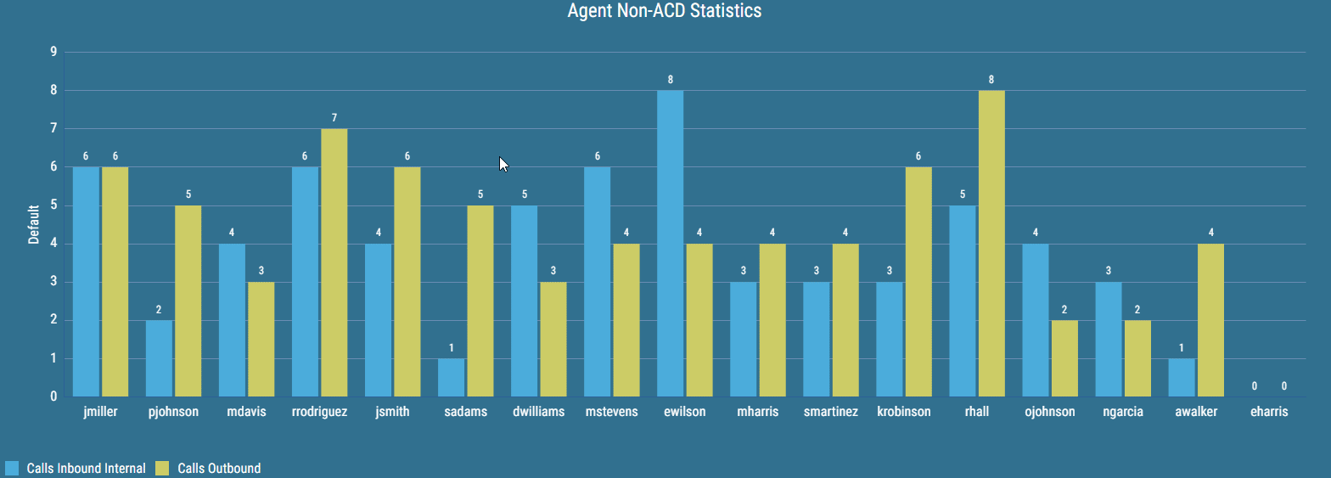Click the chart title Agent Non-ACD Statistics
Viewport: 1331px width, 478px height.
pyautogui.click(x=665, y=12)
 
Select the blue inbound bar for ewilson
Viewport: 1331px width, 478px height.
pyautogui.click(x=670, y=243)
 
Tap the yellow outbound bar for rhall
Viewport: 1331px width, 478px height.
pyautogui.click(x=991, y=243)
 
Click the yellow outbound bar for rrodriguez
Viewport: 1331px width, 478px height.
pyautogui.click(x=334, y=262)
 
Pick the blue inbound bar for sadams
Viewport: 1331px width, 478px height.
pyautogui.click(x=451, y=377)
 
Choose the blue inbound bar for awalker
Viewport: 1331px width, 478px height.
pyautogui.click(x=1181, y=377)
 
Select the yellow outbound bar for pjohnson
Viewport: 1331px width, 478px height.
pyautogui.click(x=188, y=301)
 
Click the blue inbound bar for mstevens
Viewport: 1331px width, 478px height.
pyautogui.click(x=597, y=281)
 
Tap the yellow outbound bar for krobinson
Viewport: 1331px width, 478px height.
pyautogui.click(x=918, y=281)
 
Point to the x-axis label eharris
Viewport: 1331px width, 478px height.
pyautogui.click(x=1269, y=413)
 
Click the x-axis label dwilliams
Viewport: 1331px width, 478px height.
pyautogui.click(x=538, y=413)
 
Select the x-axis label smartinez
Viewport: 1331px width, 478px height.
pyautogui.click(x=830, y=413)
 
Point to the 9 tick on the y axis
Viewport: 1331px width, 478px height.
pyautogui.click(x=53, y=52)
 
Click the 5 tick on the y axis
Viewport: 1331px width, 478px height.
pyautogui.click(x=53, y=205)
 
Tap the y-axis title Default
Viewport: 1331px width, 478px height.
pyautogui.click(x=34, y=224)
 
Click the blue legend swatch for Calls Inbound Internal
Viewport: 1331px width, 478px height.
pyautogui.click(x=12, y=468)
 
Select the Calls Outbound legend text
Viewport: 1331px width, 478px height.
pyautogui.click(x=218, y=468)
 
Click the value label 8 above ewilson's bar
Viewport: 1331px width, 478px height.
pyautogui.click(x=670, y=80)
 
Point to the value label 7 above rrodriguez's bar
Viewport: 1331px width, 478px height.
pyautogui.click(x=334, y=118)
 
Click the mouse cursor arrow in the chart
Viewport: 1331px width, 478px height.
pyautogui.click(x=503, y=164)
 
